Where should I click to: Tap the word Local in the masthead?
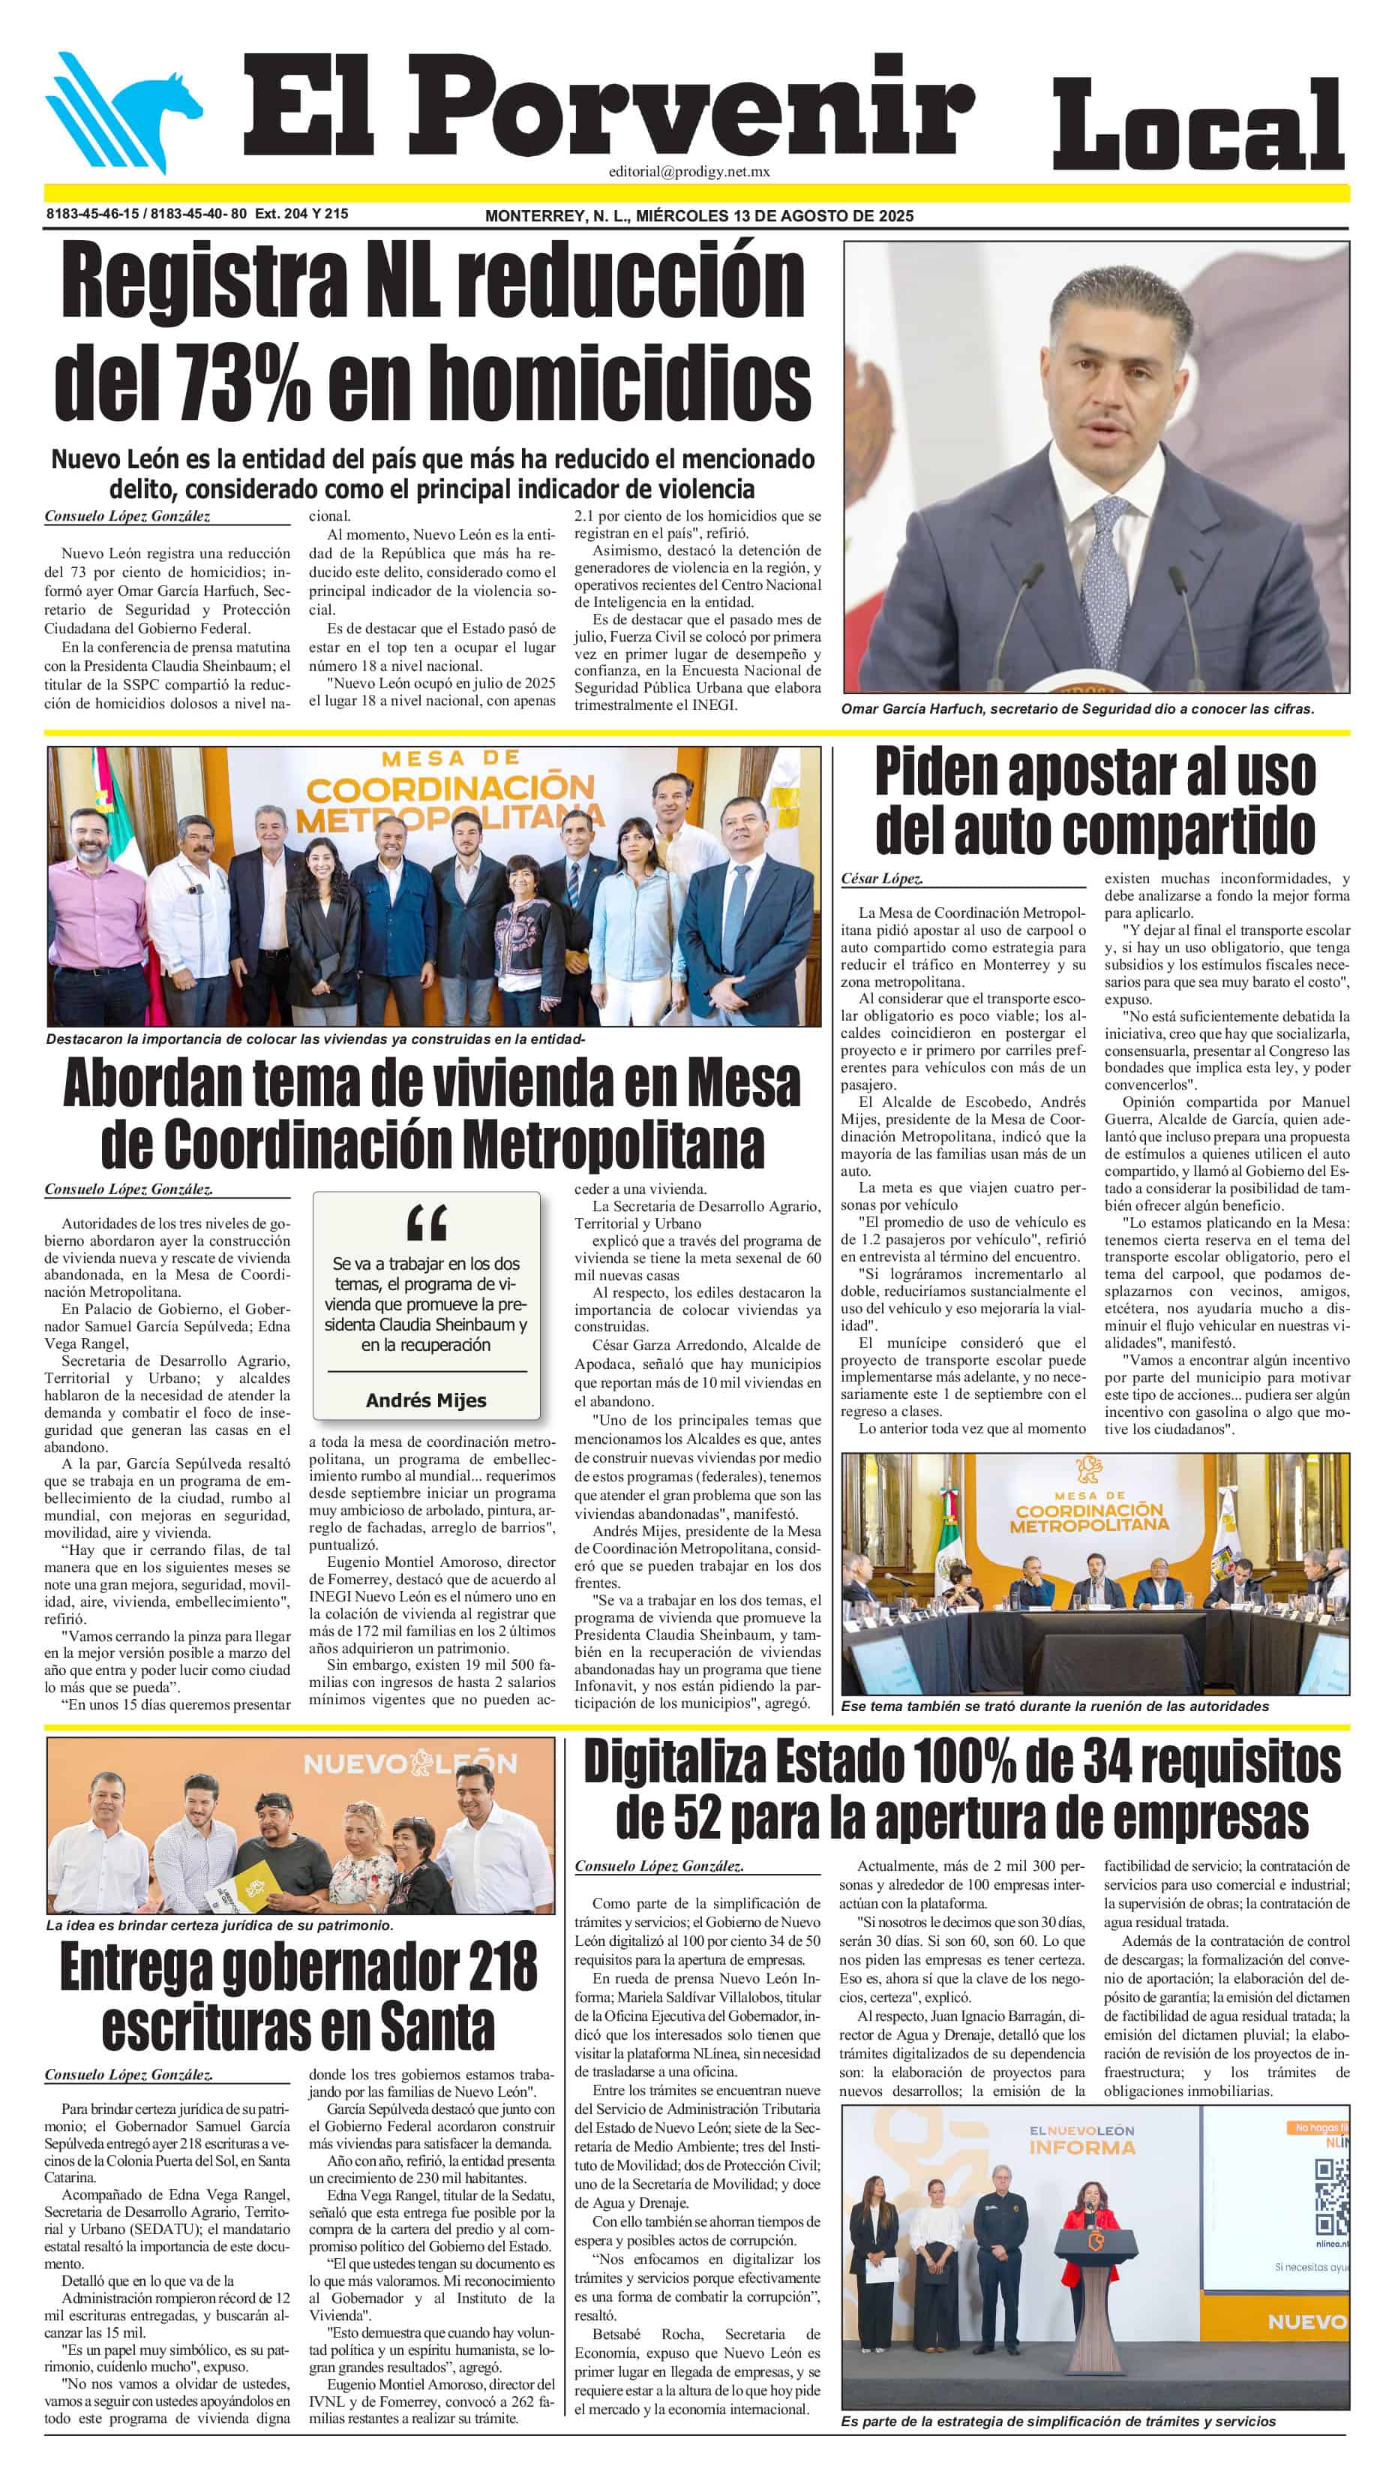1198,125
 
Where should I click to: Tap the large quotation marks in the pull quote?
427,1224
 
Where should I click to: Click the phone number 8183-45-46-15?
92,214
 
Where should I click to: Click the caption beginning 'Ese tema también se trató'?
1054,1706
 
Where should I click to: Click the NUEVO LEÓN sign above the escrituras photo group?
410,1764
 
